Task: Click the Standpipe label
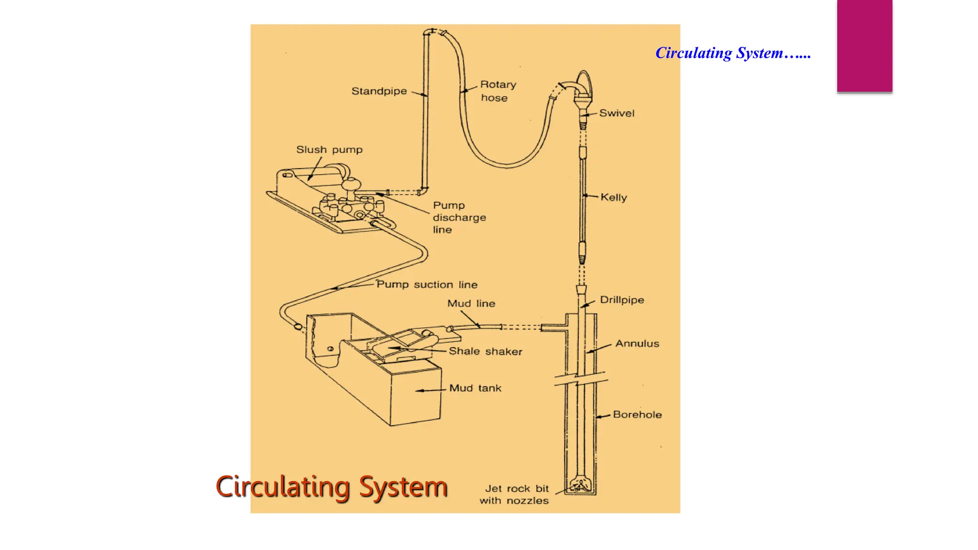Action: click(x=379, y=91)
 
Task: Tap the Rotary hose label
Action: click(x=498, y=91)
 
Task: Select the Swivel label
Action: click(x=617, y=113)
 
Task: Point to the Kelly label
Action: click(x=614, y=197)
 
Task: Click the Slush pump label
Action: click(x=329, y=149)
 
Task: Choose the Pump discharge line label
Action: click(x=459, y=217)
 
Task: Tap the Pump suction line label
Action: click(x=426, y=285)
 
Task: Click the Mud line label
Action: click(x=471, y=303)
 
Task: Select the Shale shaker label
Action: click(x=485, y=351)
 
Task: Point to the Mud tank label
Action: click(x=475, y=388)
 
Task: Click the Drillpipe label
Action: click(x=622, y=300)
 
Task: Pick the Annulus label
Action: click(x=637, y=343)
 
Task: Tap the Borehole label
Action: click(x=637, y=414)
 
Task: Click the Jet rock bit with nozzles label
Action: click(x=514, y=495)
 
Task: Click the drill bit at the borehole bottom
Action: click(x=580, y=486)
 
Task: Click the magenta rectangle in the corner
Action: click(x=864, y=46)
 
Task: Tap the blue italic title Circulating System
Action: click(x=733, y=53)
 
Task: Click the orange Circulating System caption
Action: click(x=331, y=487)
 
